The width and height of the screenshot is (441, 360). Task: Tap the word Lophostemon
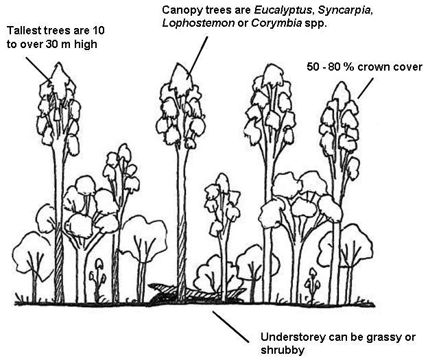(x=195, y=23)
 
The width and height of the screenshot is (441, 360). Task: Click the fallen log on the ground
(x=195, y=294)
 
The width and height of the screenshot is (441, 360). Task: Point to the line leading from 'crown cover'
(x=364, y=88)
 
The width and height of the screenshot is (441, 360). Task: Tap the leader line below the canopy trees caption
(x=198, y=54)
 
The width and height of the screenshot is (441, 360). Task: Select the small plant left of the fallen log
(x=100, y=272)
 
